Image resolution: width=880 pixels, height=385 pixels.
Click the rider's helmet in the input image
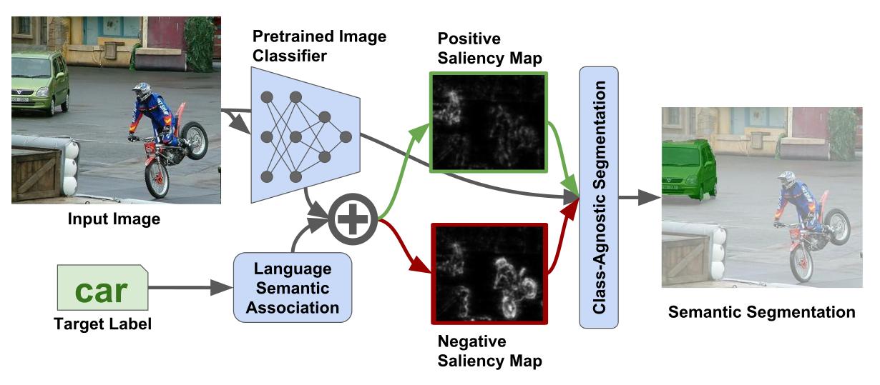pyautogui.click(x=142, y=91)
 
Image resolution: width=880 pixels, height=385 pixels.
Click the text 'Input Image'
pyautogui.click(x=114, y=219)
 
